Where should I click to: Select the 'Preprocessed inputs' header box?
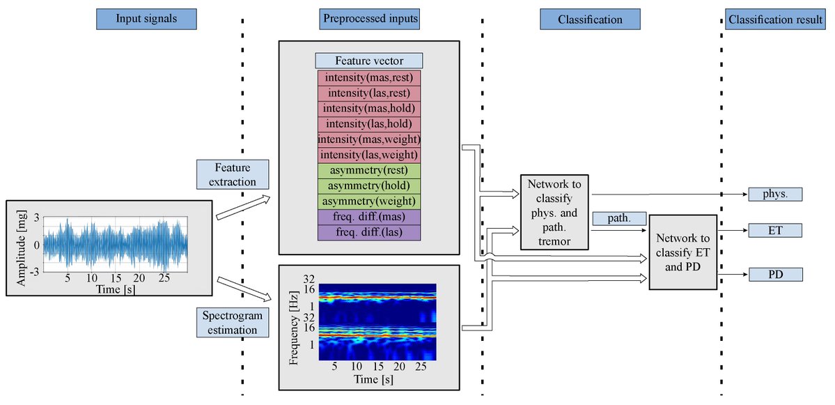(x=370, y=19)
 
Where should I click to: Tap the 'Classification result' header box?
(x=774, y=19)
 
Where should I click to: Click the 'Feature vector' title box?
(x=369, y=61)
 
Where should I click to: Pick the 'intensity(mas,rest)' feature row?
(x=369, y=78)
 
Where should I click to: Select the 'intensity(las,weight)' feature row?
(x=369, y=155)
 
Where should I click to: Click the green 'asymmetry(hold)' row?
(x=369, y=186)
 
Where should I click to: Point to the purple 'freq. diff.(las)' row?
(x=369, y=233)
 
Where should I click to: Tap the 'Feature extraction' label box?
(x=231, y=174)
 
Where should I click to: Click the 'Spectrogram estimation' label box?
(x=231, y=323)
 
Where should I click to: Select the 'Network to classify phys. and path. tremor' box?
(x=554, y=212)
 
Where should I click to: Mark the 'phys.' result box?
(x=775, y=194)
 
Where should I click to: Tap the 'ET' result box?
(x=775, y=230)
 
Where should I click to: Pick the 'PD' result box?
(x=775, y=275)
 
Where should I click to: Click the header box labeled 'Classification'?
(x=590, y=19)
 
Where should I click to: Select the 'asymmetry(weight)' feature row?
(x=369, y=201)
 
